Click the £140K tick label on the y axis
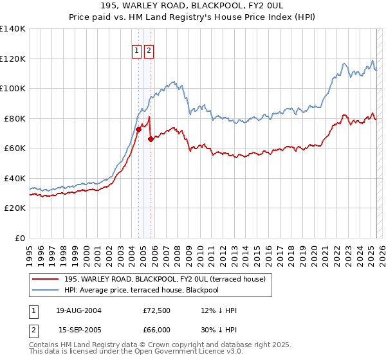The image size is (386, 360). (13, 29)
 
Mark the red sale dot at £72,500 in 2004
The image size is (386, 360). (138, 130)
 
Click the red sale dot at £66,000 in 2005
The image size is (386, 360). (151, 139)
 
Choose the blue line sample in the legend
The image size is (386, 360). (46, 290)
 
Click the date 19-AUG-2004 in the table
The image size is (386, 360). (78, 310)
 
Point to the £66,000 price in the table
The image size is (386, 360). (156, 329)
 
